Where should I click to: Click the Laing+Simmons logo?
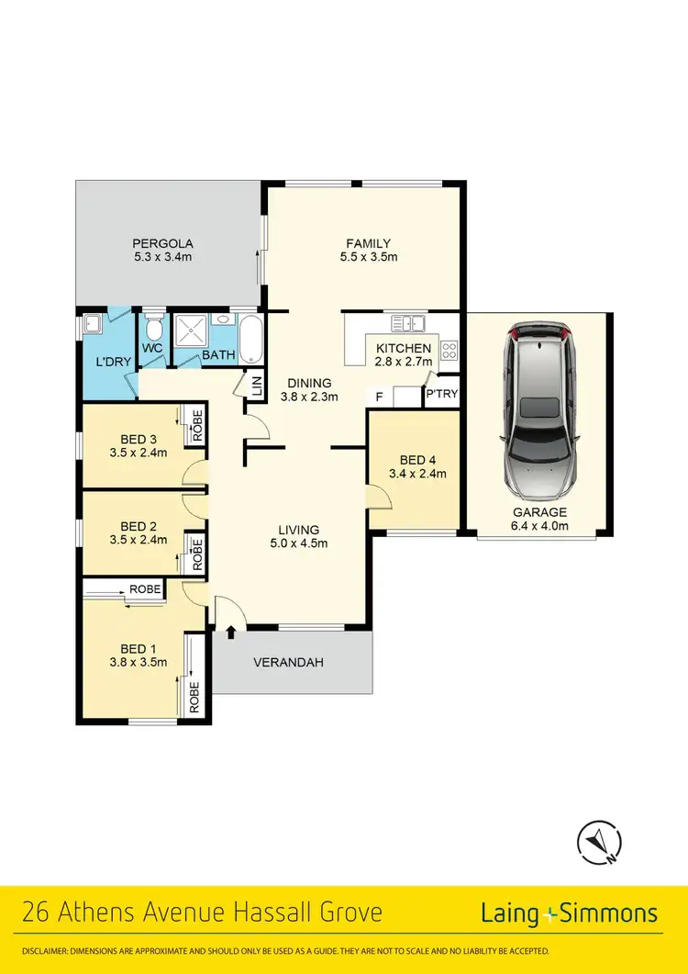pos(569,912)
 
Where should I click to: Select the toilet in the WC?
pos(153,329)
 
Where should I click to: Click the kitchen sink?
pos(407,322)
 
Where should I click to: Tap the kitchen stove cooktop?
pos(449,349)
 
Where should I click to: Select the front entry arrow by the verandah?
pos(230,632)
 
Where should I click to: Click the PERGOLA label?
pos(161,243)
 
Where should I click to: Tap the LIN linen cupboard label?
pos(256,386)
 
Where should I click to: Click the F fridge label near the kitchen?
pos(379,396)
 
